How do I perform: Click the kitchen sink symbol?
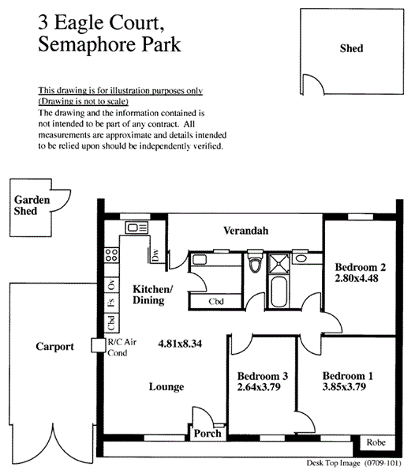[x=136, y=228]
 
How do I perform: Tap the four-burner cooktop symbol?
[x=111, y=255]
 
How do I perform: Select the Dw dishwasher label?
[x=155, y=255]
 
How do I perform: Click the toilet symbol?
[x=255, y=261]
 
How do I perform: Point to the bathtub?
[x=280, y=292]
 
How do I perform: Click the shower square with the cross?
[x=279, y=263]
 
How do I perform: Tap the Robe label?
[x=376, y=442]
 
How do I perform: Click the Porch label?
[x=207, y=434]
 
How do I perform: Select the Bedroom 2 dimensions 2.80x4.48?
[x=357, y=278]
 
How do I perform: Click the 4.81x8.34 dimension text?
[x=180, y=344]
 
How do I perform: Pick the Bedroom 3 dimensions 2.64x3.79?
[x=259, y=387]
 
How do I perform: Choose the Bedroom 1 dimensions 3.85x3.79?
[x=344, y=386]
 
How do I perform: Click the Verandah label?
[x=245, y=231]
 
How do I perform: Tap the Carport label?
[x=54, y=347]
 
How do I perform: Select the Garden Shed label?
[x=32, y=205]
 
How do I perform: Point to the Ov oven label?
[x=111, y=284]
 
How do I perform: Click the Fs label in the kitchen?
[x=111, y=303]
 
